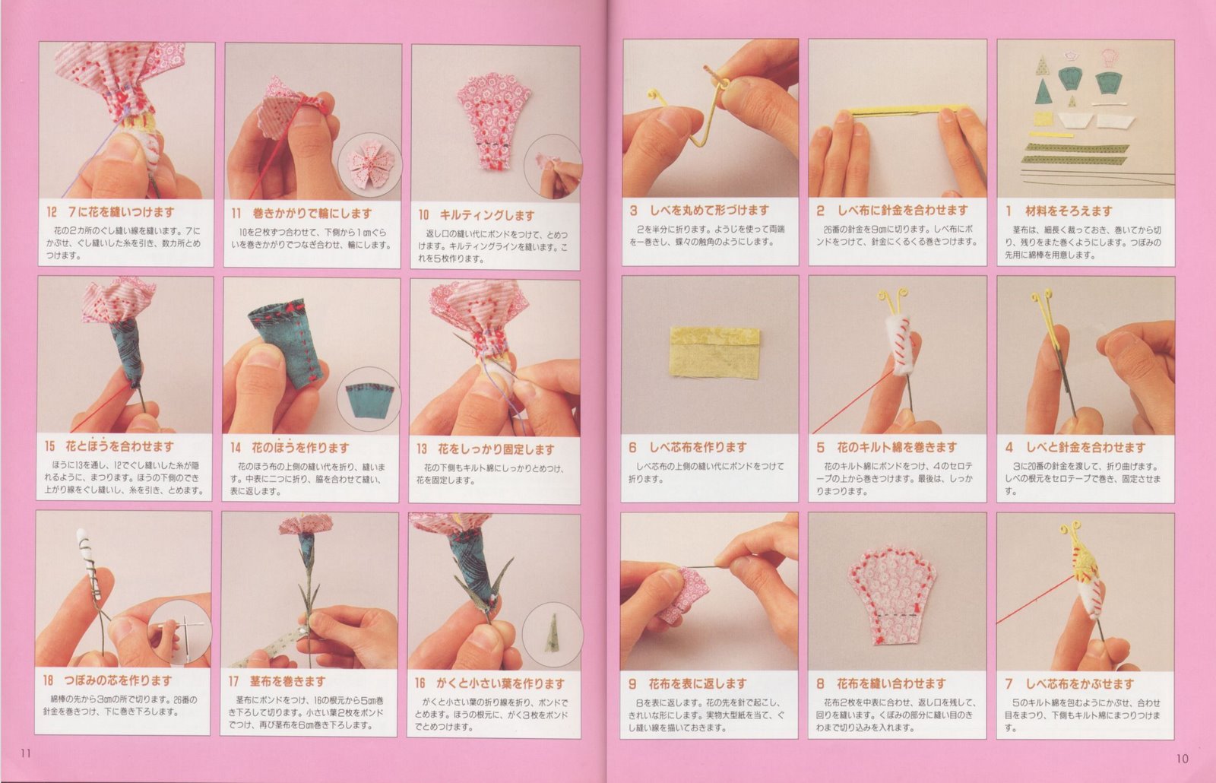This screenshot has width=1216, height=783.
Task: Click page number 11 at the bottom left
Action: click(x=25, y=753)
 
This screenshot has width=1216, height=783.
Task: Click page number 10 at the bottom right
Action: click(x=1182, y=758)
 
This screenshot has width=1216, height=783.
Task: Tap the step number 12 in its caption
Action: click(x=51, y=212)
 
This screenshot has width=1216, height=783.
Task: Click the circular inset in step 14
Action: click(x=369, y=400)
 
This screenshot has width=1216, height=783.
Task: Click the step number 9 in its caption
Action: click(x=632, y=683)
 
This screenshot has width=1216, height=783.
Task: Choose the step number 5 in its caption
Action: click(x=821, y=448)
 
